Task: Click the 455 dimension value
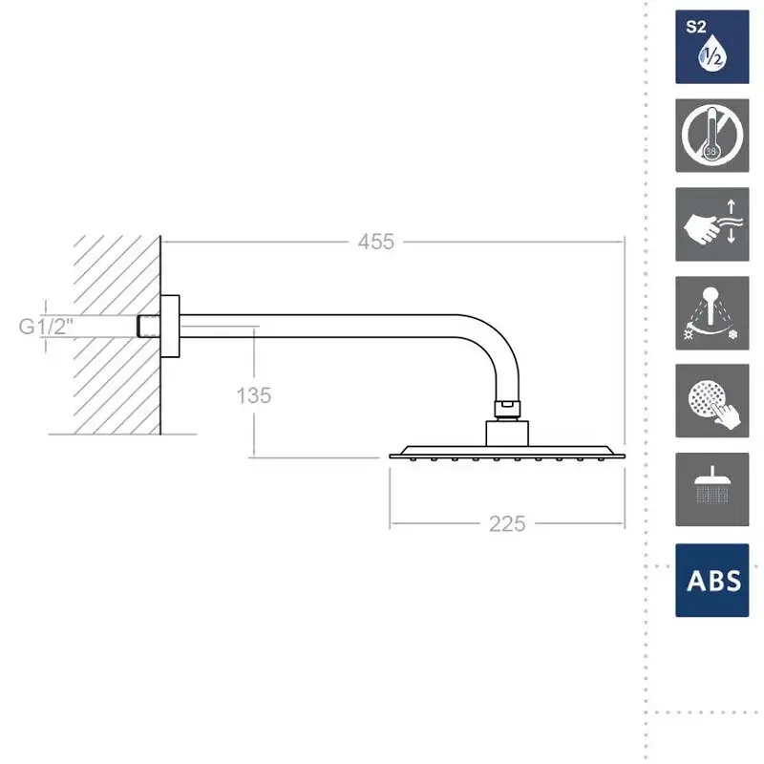click(375, 242)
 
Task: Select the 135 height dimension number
click(253, 395)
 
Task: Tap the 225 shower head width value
click(507, 523)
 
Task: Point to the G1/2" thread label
click(46, 326)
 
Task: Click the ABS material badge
click(711, 581)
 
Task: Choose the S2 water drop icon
click(711, 47)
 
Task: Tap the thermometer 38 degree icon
click(711, 136)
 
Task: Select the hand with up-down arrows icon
click(711, 224)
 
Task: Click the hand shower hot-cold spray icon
click(711, 313)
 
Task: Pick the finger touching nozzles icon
click(711, 400)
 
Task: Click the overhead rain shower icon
click(711, 489)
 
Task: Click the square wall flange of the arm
click(170, 327)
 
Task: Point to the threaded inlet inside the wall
click(148, 326)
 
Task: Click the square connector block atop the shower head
click(507, 434)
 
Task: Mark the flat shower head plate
click(507, 453)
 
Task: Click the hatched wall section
click(117, 335)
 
